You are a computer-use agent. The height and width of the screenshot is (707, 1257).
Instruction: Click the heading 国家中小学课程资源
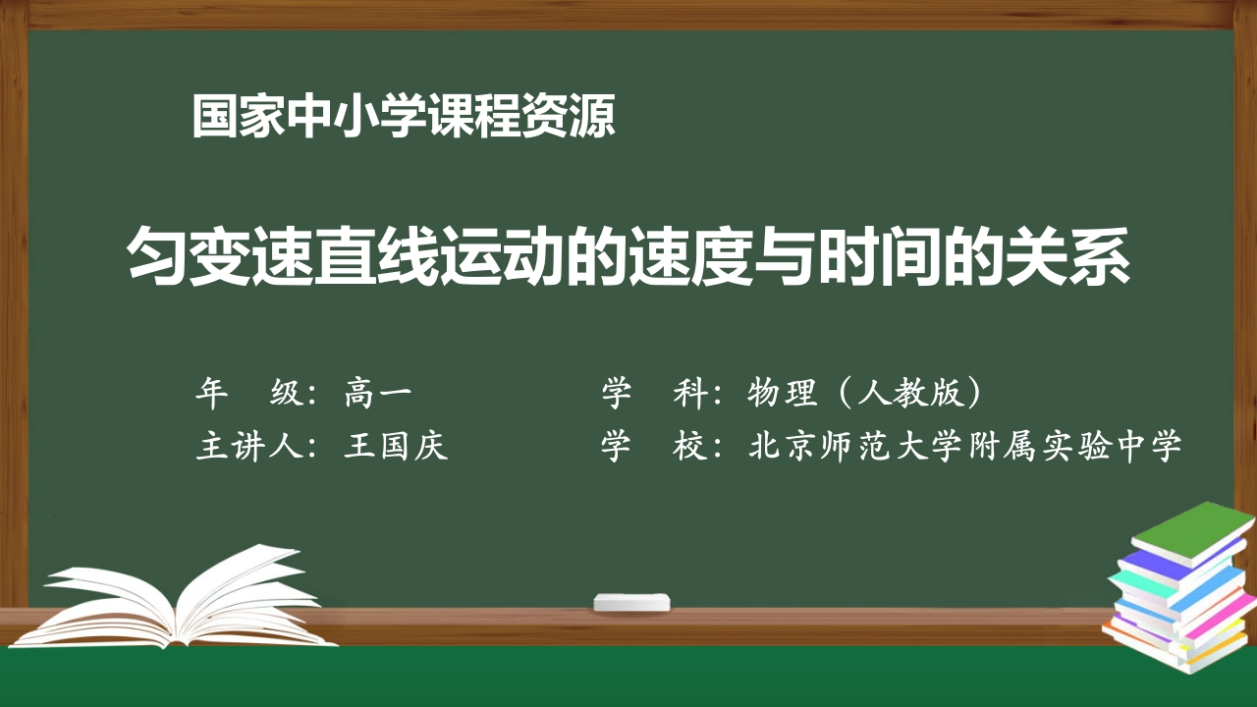404,117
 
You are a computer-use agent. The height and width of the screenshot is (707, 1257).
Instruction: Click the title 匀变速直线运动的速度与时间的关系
628,258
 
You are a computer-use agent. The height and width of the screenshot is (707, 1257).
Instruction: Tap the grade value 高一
378,394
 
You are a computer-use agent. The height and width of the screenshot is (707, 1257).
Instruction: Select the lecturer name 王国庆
396,446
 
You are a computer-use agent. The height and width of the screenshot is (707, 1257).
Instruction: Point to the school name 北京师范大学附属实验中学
964,446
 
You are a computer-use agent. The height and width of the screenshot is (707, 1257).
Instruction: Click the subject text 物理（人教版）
864,394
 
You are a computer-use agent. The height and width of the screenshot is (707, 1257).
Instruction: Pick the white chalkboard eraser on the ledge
632,601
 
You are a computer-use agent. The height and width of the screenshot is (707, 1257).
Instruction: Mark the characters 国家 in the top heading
239,117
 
